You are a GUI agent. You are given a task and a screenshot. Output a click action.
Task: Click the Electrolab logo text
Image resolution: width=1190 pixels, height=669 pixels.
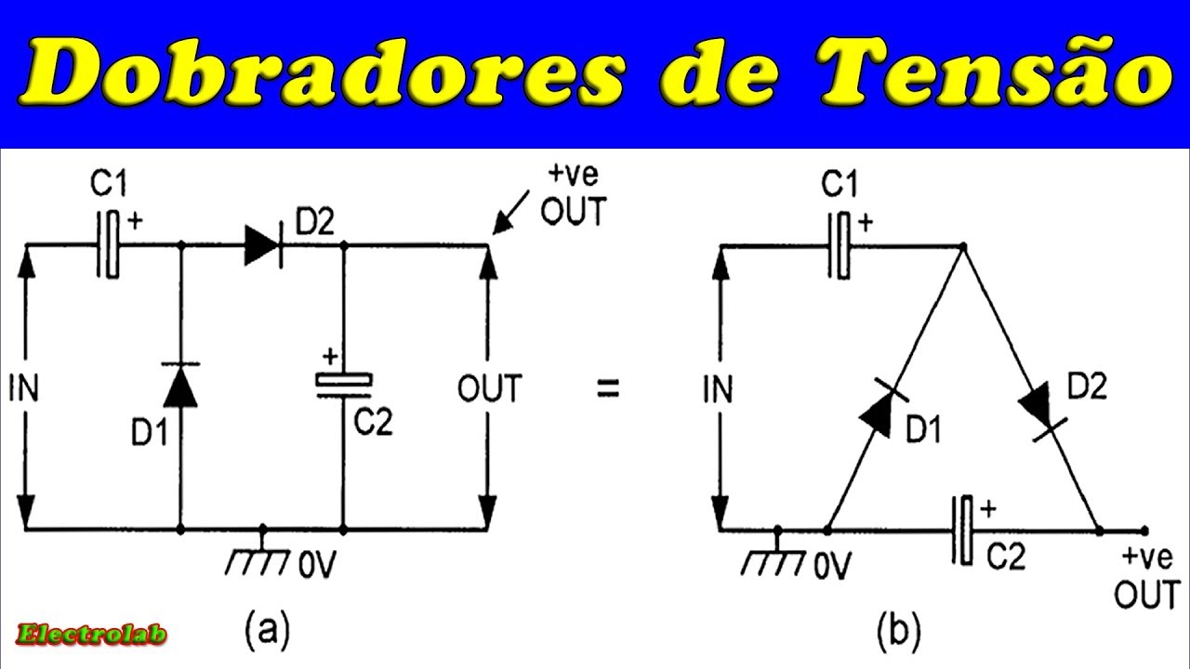pos(92,635)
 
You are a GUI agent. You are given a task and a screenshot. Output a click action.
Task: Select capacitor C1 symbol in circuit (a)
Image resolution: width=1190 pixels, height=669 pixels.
pos(109,245)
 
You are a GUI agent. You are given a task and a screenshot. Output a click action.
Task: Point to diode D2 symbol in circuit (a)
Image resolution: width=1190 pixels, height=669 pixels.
pos(263,245)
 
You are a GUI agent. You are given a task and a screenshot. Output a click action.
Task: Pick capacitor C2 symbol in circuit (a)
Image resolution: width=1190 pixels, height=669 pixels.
pos(343,385)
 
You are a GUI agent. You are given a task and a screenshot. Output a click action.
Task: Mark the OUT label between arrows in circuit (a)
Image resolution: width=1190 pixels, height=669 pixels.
pos(489,387)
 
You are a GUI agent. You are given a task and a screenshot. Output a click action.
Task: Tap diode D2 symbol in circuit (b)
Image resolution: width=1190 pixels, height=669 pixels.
pos(1041,409)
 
